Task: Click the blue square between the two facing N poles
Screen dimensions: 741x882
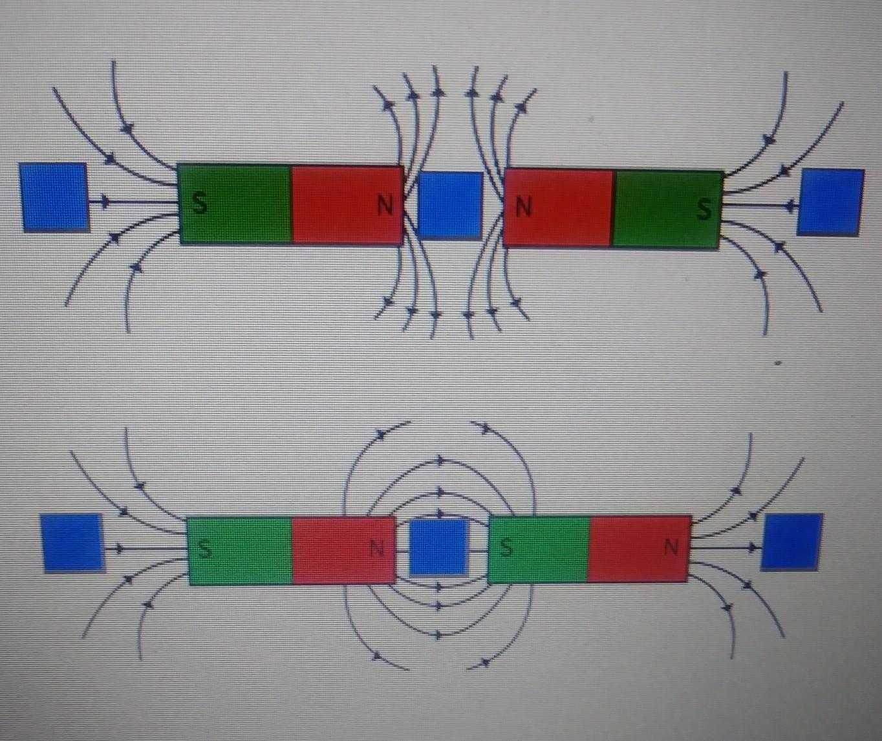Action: pos(451,205)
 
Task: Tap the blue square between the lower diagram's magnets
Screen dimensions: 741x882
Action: pos(439,548)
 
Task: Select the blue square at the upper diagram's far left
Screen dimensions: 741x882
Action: pos(54,197)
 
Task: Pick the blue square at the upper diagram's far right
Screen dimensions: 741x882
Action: pos(830,202)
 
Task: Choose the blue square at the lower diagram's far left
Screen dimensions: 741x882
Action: pos(72,542)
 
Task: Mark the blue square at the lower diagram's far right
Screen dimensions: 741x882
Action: pos(791,542)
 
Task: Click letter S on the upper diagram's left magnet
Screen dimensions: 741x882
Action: pos(200,204)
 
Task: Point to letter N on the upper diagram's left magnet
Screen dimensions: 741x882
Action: pos(385,206)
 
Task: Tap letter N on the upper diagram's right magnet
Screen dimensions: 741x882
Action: pos(523,208)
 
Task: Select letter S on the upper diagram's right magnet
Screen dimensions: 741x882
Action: pos(704,209)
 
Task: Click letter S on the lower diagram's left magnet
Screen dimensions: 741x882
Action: pos(204,549)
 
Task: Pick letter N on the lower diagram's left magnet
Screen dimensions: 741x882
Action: pos(376,548)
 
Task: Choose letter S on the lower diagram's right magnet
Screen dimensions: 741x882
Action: pos(506,548)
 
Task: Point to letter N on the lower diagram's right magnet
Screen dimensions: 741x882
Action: pos(671,548)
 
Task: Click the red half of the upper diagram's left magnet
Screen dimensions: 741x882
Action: pos(336,205)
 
